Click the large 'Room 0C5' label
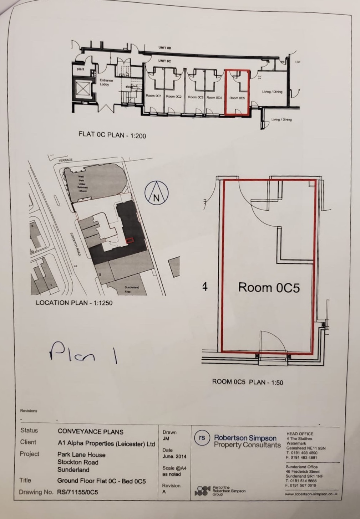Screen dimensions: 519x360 pos(269,287)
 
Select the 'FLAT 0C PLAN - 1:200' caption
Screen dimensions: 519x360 pos(112,135)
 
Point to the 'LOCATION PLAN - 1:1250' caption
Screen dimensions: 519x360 pos(74,303)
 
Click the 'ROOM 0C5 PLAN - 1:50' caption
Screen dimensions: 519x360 pos(247,382)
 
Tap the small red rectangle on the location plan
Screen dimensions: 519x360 pos(130,240)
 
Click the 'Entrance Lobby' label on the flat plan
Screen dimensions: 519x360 pos(106,82)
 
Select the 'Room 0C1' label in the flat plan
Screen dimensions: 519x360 pos(154,96)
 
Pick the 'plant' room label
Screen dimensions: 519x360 pos(81,69)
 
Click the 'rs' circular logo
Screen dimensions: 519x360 pos(202,438)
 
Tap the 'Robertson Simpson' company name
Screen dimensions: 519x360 pos(245,438)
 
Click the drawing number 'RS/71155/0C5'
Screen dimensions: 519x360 pos(77,492)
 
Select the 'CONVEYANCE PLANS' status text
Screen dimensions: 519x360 pos(90,432)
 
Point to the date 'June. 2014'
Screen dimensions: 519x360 pos(174,456)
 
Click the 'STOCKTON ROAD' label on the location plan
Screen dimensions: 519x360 pos(75,244)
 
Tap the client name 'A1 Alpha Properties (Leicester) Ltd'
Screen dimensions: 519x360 pos(106,444)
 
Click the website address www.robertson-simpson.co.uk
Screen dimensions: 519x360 pos(311,494)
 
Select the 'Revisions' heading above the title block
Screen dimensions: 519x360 pos(29,411)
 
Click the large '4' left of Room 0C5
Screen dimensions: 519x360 pos(205,286)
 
